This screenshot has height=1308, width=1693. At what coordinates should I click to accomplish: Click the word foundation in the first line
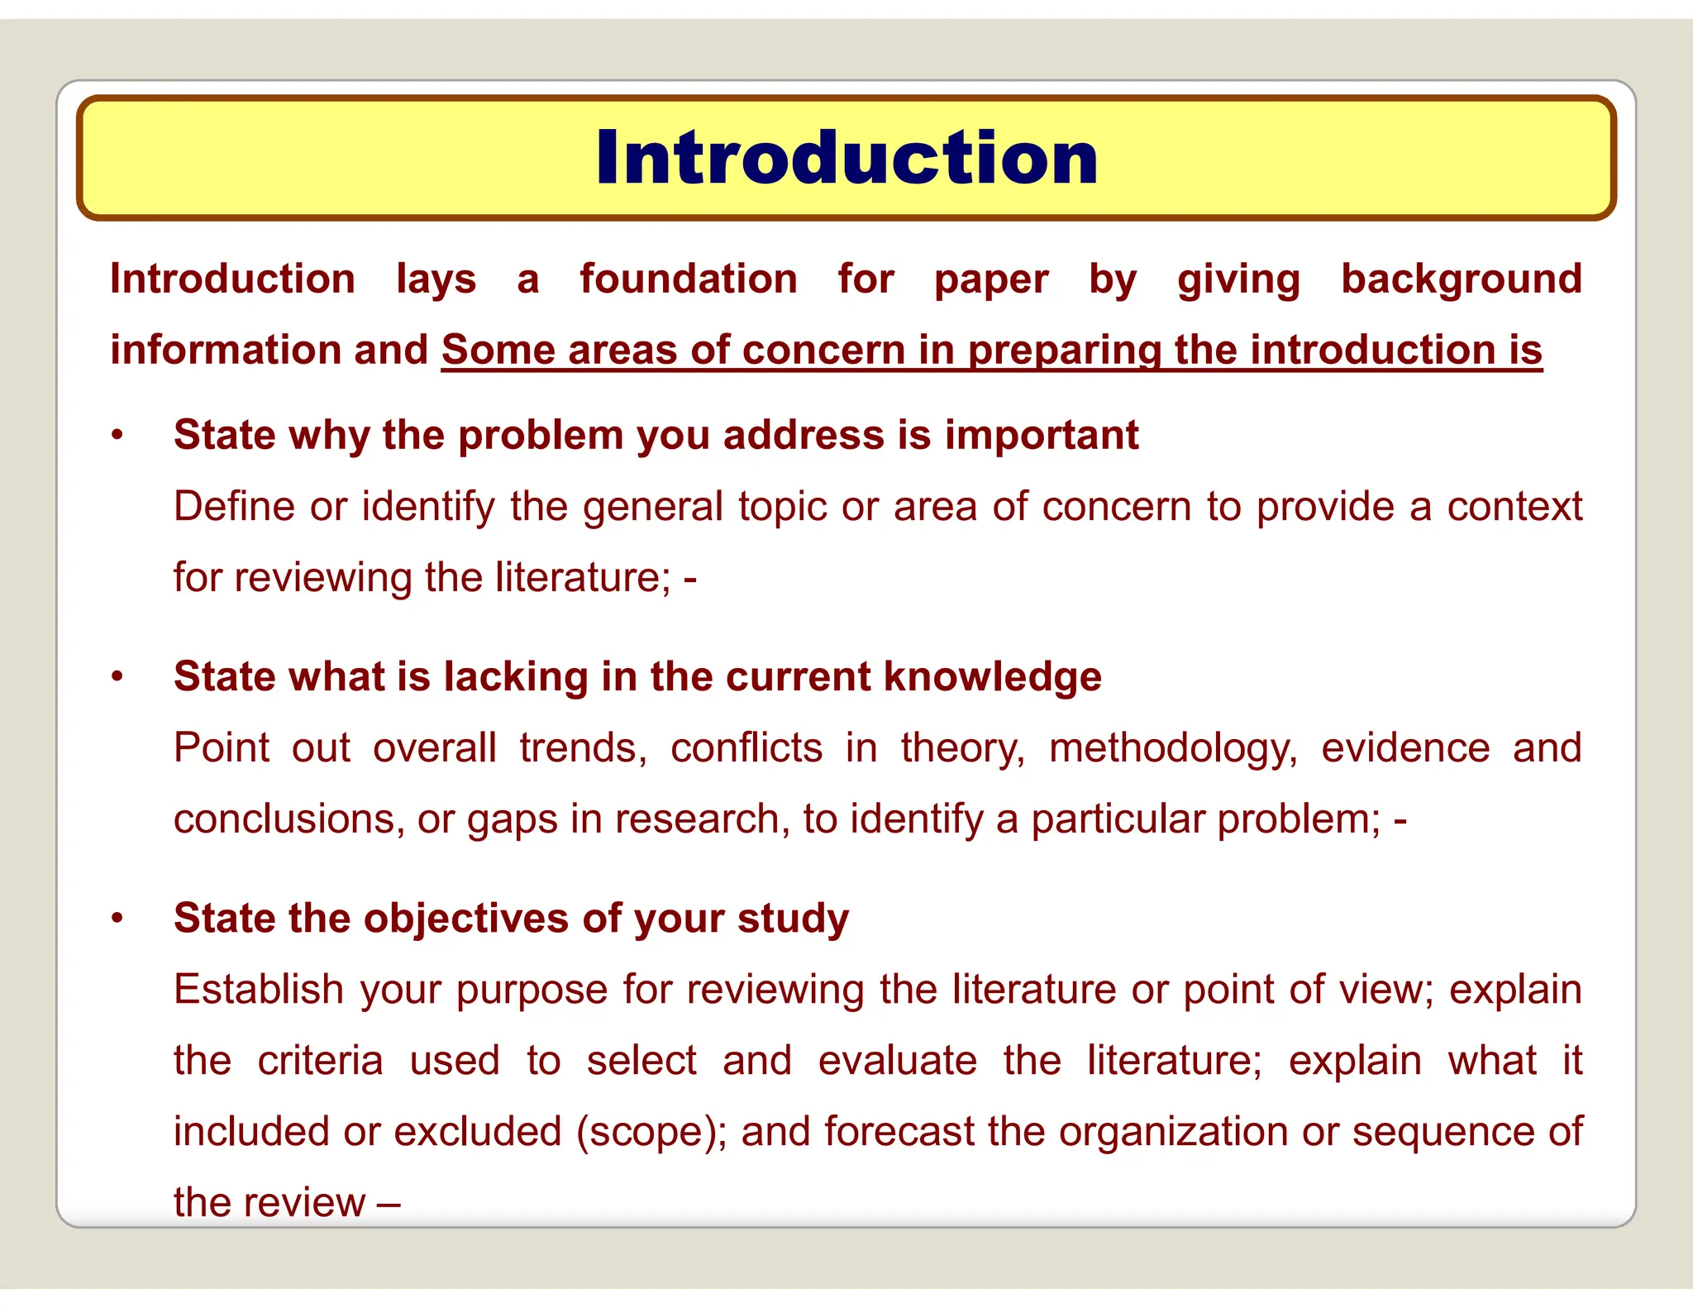[689, 279]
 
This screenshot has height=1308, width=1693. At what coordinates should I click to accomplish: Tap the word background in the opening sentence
[1461, 279]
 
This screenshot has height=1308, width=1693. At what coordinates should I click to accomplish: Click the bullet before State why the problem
[118, 436]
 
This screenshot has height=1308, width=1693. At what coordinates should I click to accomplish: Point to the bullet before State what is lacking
[118, 677]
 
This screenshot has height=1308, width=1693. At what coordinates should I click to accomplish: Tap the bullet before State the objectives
[118, 919]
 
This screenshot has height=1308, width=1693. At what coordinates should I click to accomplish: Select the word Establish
[259, 990]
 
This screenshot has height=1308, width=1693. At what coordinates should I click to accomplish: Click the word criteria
[320, 1061]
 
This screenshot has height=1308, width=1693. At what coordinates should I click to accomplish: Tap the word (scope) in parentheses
[651, 1132]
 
